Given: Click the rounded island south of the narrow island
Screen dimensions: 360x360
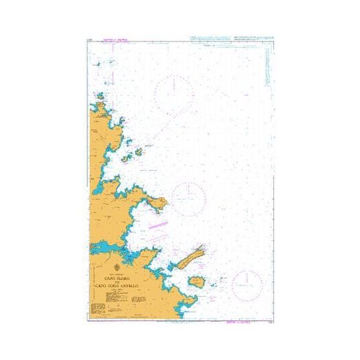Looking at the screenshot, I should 197,282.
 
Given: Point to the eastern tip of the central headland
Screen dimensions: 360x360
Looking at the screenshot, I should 165,204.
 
